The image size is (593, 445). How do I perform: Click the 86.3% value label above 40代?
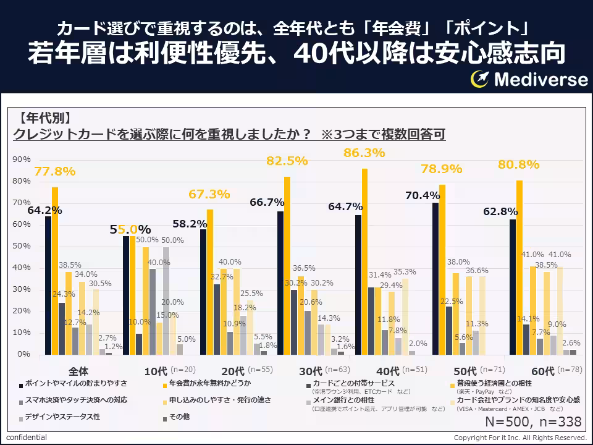364,153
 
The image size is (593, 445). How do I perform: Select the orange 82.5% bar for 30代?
287,266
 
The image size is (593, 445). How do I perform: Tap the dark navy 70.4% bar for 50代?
435,278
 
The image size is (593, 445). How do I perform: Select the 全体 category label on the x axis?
78,371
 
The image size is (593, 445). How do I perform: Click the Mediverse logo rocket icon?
479,79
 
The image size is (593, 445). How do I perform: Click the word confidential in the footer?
26,438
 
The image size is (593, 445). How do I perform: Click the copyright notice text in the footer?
520,438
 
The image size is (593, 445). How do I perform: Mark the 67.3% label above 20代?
209,194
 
